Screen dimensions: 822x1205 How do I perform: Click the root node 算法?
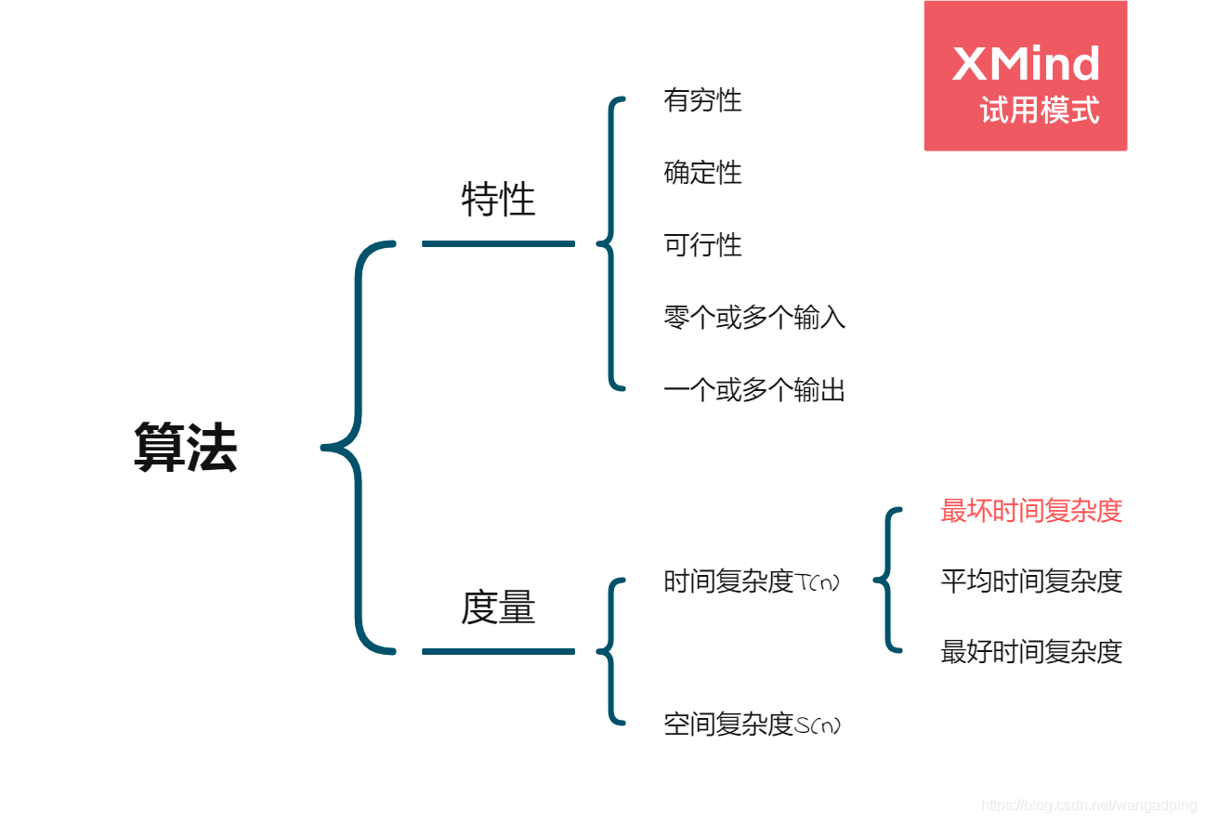pyautogui.click(x=185, y=448)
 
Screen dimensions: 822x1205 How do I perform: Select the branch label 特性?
pyautogui.click(x=498, y=200)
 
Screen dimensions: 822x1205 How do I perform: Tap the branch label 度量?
pyautogui.click(x=498, y=607)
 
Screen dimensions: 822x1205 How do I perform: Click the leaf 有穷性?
pyautogui.click(x=702, y=100)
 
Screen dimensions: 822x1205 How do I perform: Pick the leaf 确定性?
pyautogui.click(x=702, y=173)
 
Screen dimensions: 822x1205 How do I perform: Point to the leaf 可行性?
pyautogui.click(x=702, y=245)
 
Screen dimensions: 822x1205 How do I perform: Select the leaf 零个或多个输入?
pyautogui.click(x=754, y=318)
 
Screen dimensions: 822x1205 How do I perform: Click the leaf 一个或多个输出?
pyautogui.click(x=754, y=390)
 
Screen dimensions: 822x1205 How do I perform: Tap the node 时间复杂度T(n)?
pyautogui.click(x=752, y=581)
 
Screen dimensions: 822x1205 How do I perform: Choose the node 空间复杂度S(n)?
pyautogui.click(x=752, y=724)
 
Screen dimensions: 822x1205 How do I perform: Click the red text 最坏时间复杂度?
pyautogui.click(x=1031, y=511)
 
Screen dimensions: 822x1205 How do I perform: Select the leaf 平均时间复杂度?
pyautogui.click(x=1031, y=581)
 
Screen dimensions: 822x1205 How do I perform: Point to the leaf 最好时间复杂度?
pyautogui.click(x=1031, y=652)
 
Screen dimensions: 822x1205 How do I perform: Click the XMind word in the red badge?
pyautogui.click(x=1026, y=64)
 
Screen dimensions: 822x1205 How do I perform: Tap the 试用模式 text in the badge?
pyautogui.click(x=1039, y=111)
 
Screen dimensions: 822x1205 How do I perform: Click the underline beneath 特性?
pyautogui.click(x=498, y=243)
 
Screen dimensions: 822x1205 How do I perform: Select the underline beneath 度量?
pyautogui.click(x=498, y=651)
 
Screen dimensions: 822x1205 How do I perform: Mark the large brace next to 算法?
pyautogui.click(x=359, y=448)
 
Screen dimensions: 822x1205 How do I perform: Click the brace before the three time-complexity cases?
pyautogui.click(x=888, y=581)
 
